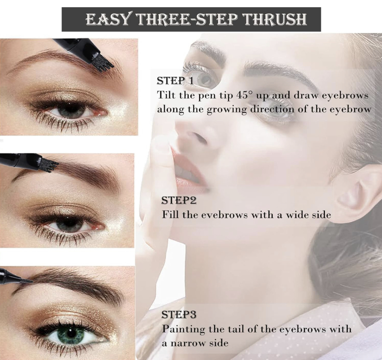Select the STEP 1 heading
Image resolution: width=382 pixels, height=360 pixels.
pyautogui.click(x=175, y=81)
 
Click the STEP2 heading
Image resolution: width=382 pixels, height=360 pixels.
pyautogui.click(x=179, y=201)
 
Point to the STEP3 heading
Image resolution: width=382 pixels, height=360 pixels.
pyautogui.click(x=179, y=315)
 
